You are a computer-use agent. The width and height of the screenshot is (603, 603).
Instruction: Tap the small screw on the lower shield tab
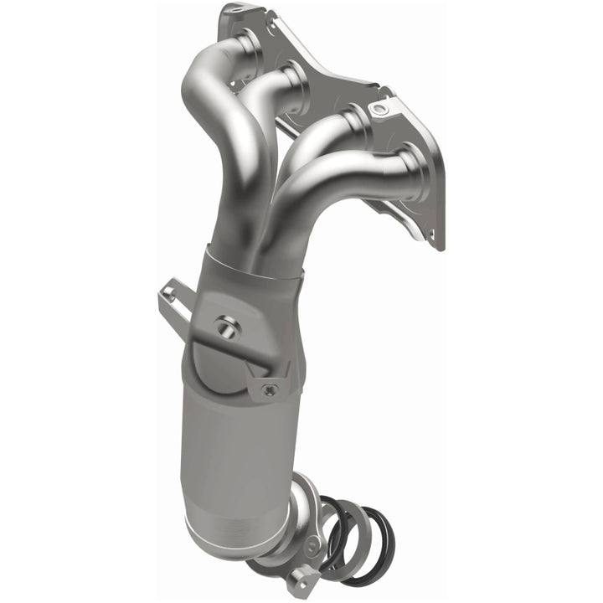coord(269,389)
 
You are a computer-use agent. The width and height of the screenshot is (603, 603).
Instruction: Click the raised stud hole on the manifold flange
coord(382,109)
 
